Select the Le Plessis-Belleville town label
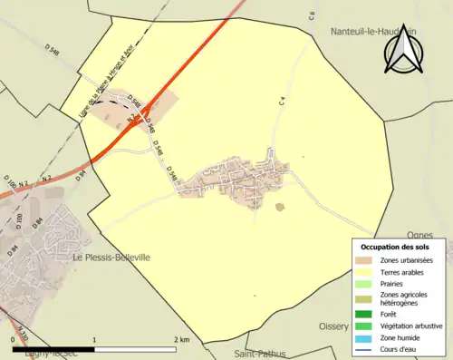click(111, 258)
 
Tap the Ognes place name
click(422, 234)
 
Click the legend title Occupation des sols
click(395, 247)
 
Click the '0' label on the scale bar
click(14, 339)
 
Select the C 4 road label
click(283, 102)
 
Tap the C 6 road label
click(311, 15)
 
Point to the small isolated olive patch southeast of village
click(279, 207)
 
